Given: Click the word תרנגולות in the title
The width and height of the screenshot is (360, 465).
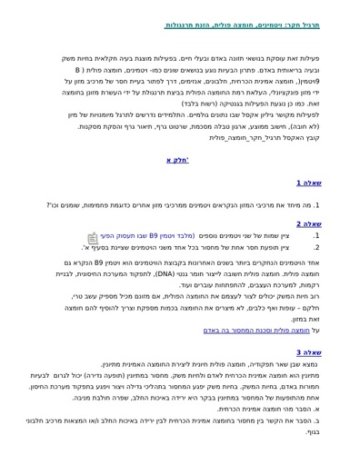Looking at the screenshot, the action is click(187, 25).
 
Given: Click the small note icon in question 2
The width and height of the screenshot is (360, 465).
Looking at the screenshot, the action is click(106, 235).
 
